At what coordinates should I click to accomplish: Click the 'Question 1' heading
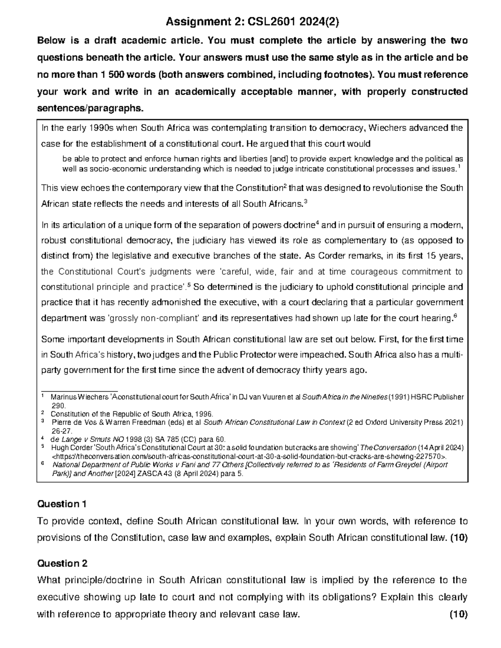[x=62, y=504]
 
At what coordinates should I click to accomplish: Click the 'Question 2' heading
[x=62, y=564]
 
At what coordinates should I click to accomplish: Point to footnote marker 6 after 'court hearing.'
[x=455, y=316]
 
